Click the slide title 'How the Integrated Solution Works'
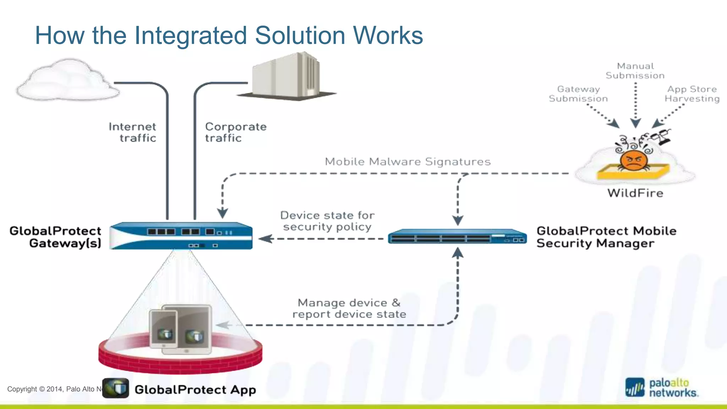pyautogui.click(x=229, y=36)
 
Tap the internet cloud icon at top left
pyautogui.click(x=67, y=81)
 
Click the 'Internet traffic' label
pyautogui.click(x=132, y=132)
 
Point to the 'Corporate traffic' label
pyautogui.click(x=236, y=132)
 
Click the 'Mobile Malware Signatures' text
pyautogui.click(x=408, y=162)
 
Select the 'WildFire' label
pyautogui.click(x=635, y=193)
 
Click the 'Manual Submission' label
pyautogui.click(x=635, y=71)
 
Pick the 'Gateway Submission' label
pyautogui.click(x=578, y=94)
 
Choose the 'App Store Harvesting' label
pyautogui.click(x=692, y=94)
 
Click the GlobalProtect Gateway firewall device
pyautogui.click(x=181, y=236)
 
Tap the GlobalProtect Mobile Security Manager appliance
pyautogui.click(x=457, y=236)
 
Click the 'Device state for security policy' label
pyautogui.click(x=327, y=221)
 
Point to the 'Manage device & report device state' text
pyautogui.click(x=349, y=308)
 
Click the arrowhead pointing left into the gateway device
pyautogui.click(x=265, y=239)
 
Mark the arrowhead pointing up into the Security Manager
pyautogui.click(x=458, y=252)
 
